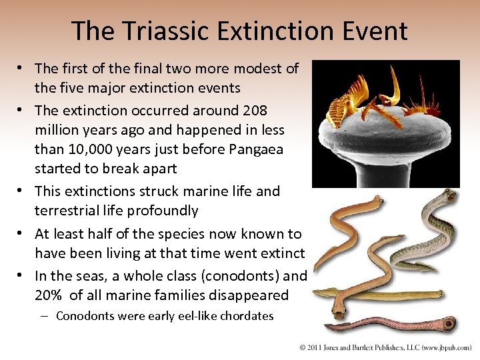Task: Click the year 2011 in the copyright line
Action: coord(317,348)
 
